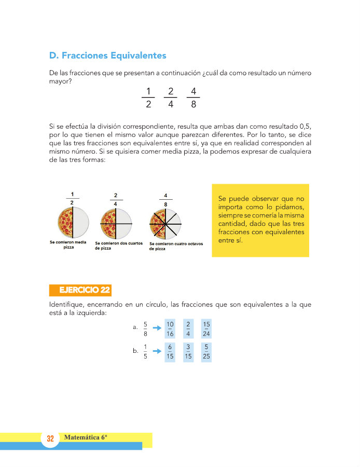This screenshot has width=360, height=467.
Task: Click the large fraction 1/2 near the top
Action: [148, 98]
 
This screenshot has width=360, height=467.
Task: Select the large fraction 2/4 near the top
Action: [171, 98]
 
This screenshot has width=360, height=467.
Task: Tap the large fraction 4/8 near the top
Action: [193, 98]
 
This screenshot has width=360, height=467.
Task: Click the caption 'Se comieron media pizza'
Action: [68, 245]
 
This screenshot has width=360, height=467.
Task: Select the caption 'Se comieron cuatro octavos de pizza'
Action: [176, 246]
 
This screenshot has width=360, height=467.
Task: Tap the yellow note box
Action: [260, 220]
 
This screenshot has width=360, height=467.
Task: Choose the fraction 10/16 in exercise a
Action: [170, 329]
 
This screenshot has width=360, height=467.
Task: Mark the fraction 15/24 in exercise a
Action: [206, 329]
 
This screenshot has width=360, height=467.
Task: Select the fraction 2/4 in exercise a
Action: [188, 329]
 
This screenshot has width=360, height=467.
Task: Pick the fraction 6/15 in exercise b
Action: [170, 351]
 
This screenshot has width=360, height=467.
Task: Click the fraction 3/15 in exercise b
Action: [189, 351]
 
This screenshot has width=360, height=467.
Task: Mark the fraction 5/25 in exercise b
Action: [206, 351]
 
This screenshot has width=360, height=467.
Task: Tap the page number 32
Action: [50, 439]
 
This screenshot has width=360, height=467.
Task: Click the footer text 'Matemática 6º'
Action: [86, 437]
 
